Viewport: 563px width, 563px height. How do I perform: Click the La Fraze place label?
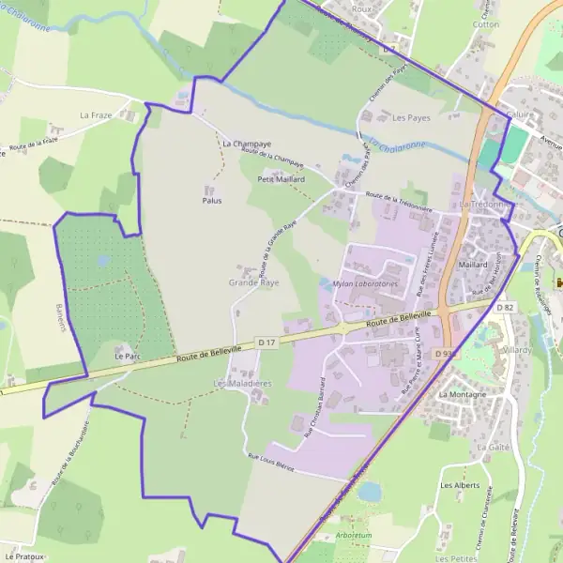[96, 115]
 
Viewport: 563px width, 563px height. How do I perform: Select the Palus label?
[211, 200]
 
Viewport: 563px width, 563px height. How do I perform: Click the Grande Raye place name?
[253, 281]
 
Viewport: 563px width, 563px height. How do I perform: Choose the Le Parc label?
[127, 357]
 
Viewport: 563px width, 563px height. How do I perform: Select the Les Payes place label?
[411, 118]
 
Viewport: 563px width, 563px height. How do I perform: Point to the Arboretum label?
[354, 535]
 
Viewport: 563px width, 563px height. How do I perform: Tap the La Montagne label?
[463, 395]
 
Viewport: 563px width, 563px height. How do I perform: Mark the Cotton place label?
[487, 25]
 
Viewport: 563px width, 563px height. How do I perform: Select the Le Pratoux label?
[21, 556]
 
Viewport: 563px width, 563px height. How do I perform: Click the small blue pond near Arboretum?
[370, 491]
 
